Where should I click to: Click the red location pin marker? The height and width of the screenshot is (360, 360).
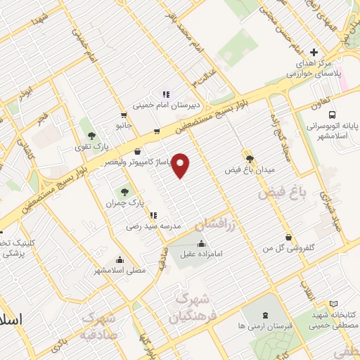click(x=181, y=165)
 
